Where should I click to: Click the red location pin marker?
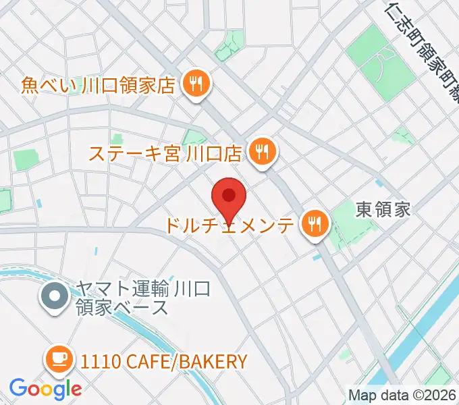click(229, 196)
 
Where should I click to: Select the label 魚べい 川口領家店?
click(98, 86)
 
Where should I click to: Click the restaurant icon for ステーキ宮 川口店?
click(262, 153)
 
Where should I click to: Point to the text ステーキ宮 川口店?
click(166, 153)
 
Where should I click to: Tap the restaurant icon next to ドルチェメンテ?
click(314, 223)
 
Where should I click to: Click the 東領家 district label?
click(383, 209)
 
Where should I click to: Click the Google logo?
click(45, 388)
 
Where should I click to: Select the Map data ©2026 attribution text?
click(403, 395)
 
